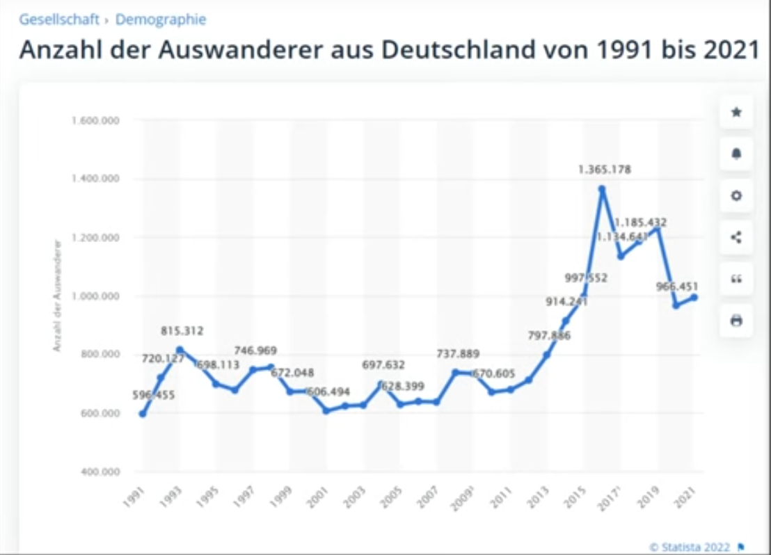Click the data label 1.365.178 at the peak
point(604,169)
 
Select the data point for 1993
point(180,350)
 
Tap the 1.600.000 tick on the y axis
point(96,120)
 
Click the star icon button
point(736,112)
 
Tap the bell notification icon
point(736,154)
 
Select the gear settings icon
point(736,195)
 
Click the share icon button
point(736,237)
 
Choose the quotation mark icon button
point(736,279)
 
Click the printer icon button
point(736,321)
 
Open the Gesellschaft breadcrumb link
point(59,19)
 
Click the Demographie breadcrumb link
point(161,19)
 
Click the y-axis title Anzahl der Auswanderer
point(58,295)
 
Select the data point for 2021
point(693,298)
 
